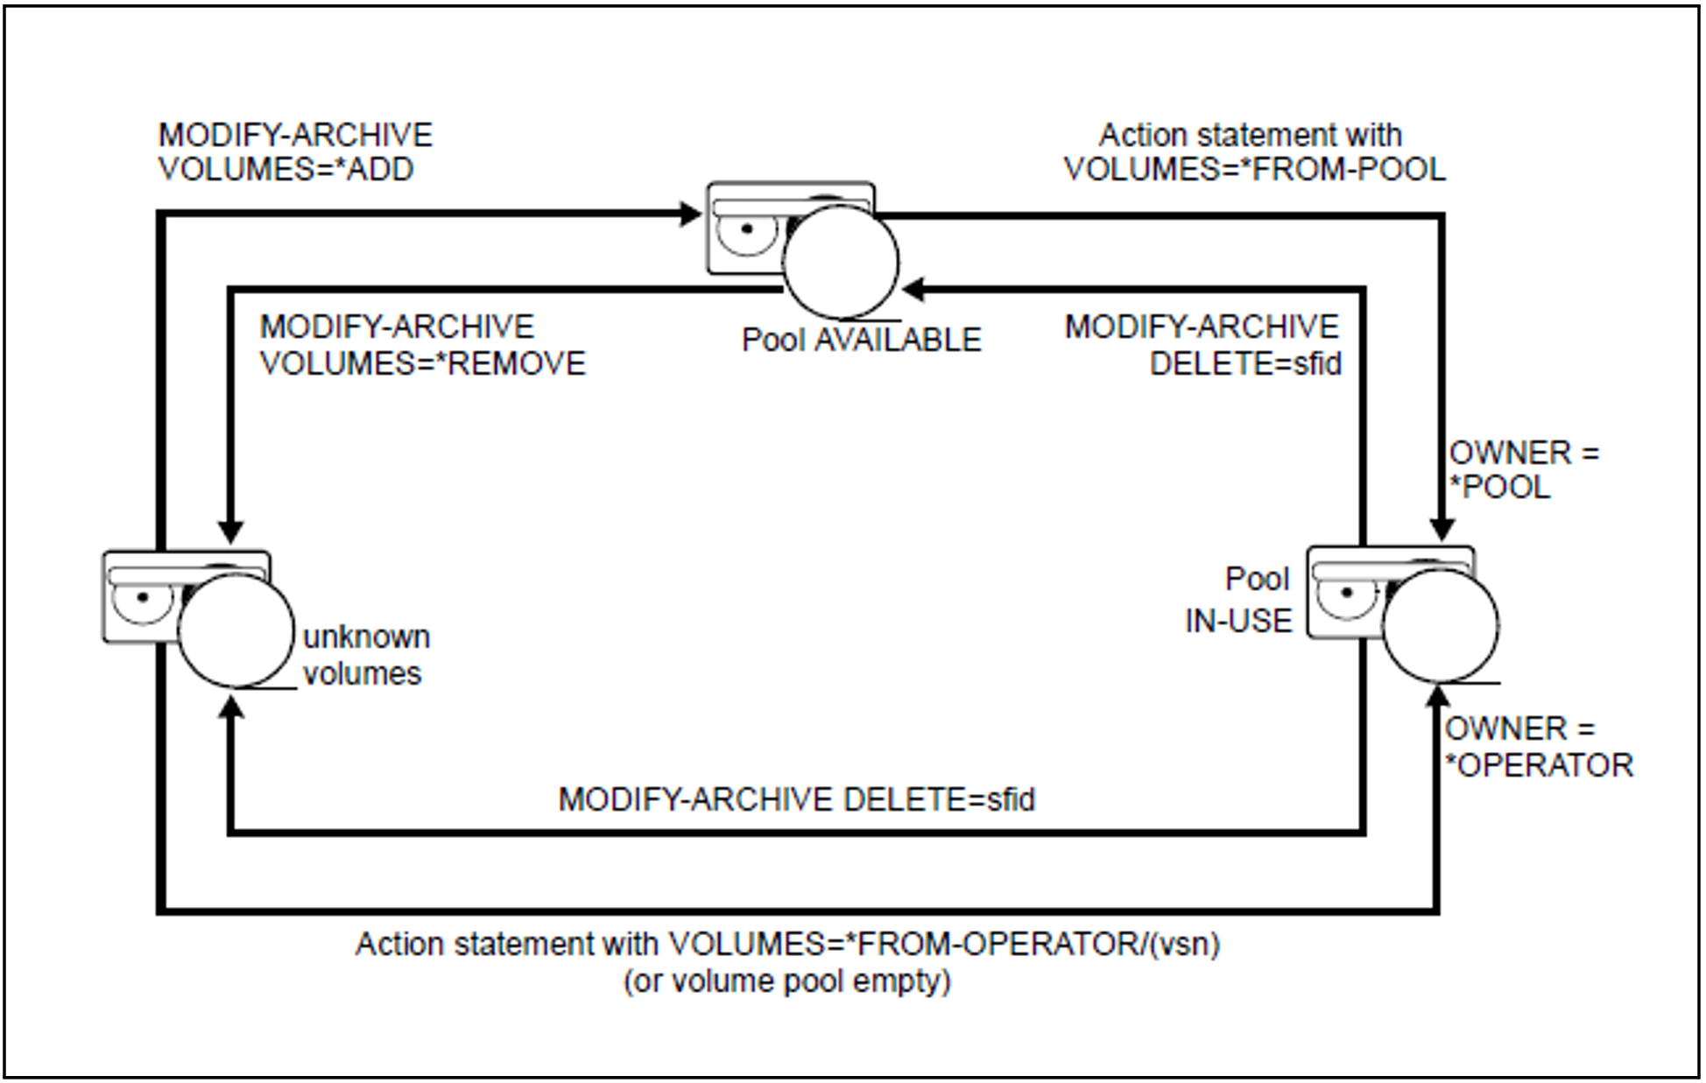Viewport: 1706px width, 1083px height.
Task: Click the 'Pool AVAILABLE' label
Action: [x=861, y=340]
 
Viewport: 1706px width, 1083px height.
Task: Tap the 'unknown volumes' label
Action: [x=365, y=655]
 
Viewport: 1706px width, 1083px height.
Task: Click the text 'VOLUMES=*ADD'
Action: [x=286, y=169]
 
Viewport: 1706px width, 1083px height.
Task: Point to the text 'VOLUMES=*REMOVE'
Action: [x=422, y=362]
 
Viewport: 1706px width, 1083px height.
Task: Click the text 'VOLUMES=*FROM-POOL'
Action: [x=1254, y=169]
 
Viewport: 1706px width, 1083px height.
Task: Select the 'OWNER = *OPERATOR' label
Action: [x=1537, y=747]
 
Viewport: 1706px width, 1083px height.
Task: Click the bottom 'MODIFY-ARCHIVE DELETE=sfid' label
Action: [x=796, y=799]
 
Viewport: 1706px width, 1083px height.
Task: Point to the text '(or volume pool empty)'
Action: [x=786, y=981]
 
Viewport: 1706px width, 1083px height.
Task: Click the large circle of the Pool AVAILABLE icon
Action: [x=840, y=262]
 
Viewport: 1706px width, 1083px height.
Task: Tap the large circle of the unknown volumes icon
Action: [x=236, y=630]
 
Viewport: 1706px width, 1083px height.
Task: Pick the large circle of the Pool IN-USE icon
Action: [x=1440, y=625]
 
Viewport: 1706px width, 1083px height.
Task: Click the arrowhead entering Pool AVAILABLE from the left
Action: [x=691, y=214]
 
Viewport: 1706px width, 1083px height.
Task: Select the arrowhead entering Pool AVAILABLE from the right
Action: [x=914, y=289]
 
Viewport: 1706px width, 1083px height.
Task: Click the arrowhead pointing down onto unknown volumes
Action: [x=231, y=531]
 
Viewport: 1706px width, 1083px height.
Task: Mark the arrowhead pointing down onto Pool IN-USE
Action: [x=1442, y=529]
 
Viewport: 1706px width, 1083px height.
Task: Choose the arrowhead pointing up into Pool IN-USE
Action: [x=1437, y=696]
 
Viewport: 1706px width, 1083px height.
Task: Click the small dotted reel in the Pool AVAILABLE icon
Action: [x=746, y=230]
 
